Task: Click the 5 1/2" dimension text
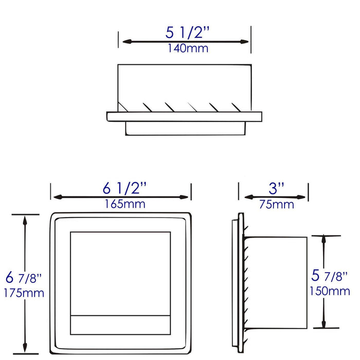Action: point(188,32)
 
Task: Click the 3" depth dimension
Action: point(277,188)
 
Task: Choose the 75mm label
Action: point(277,205)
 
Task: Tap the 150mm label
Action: point(330,292)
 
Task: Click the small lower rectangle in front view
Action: point(120,325)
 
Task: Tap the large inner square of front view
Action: point(120,273)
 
